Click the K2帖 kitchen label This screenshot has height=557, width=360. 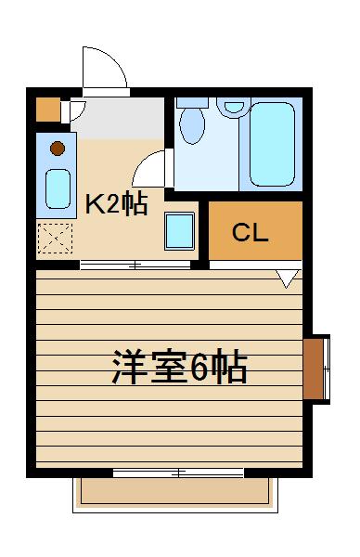(x=117, y=205)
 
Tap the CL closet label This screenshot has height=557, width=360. (x=250, y=232)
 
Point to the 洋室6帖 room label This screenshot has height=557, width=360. (x=179, y=369)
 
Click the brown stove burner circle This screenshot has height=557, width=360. (x=58, y=147)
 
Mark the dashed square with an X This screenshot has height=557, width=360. (x=55, y=239)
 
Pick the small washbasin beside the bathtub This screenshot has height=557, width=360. (x=231, y=109)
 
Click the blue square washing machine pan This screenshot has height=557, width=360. (x=179, y=230)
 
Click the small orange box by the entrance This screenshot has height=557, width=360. (x=47, y=110)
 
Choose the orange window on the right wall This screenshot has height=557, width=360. (x=315, y=367)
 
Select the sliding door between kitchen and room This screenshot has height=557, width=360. (x=135, y=266)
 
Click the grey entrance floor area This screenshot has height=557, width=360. (x=121, y=116)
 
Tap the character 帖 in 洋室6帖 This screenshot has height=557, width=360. (x=230, y=369)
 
